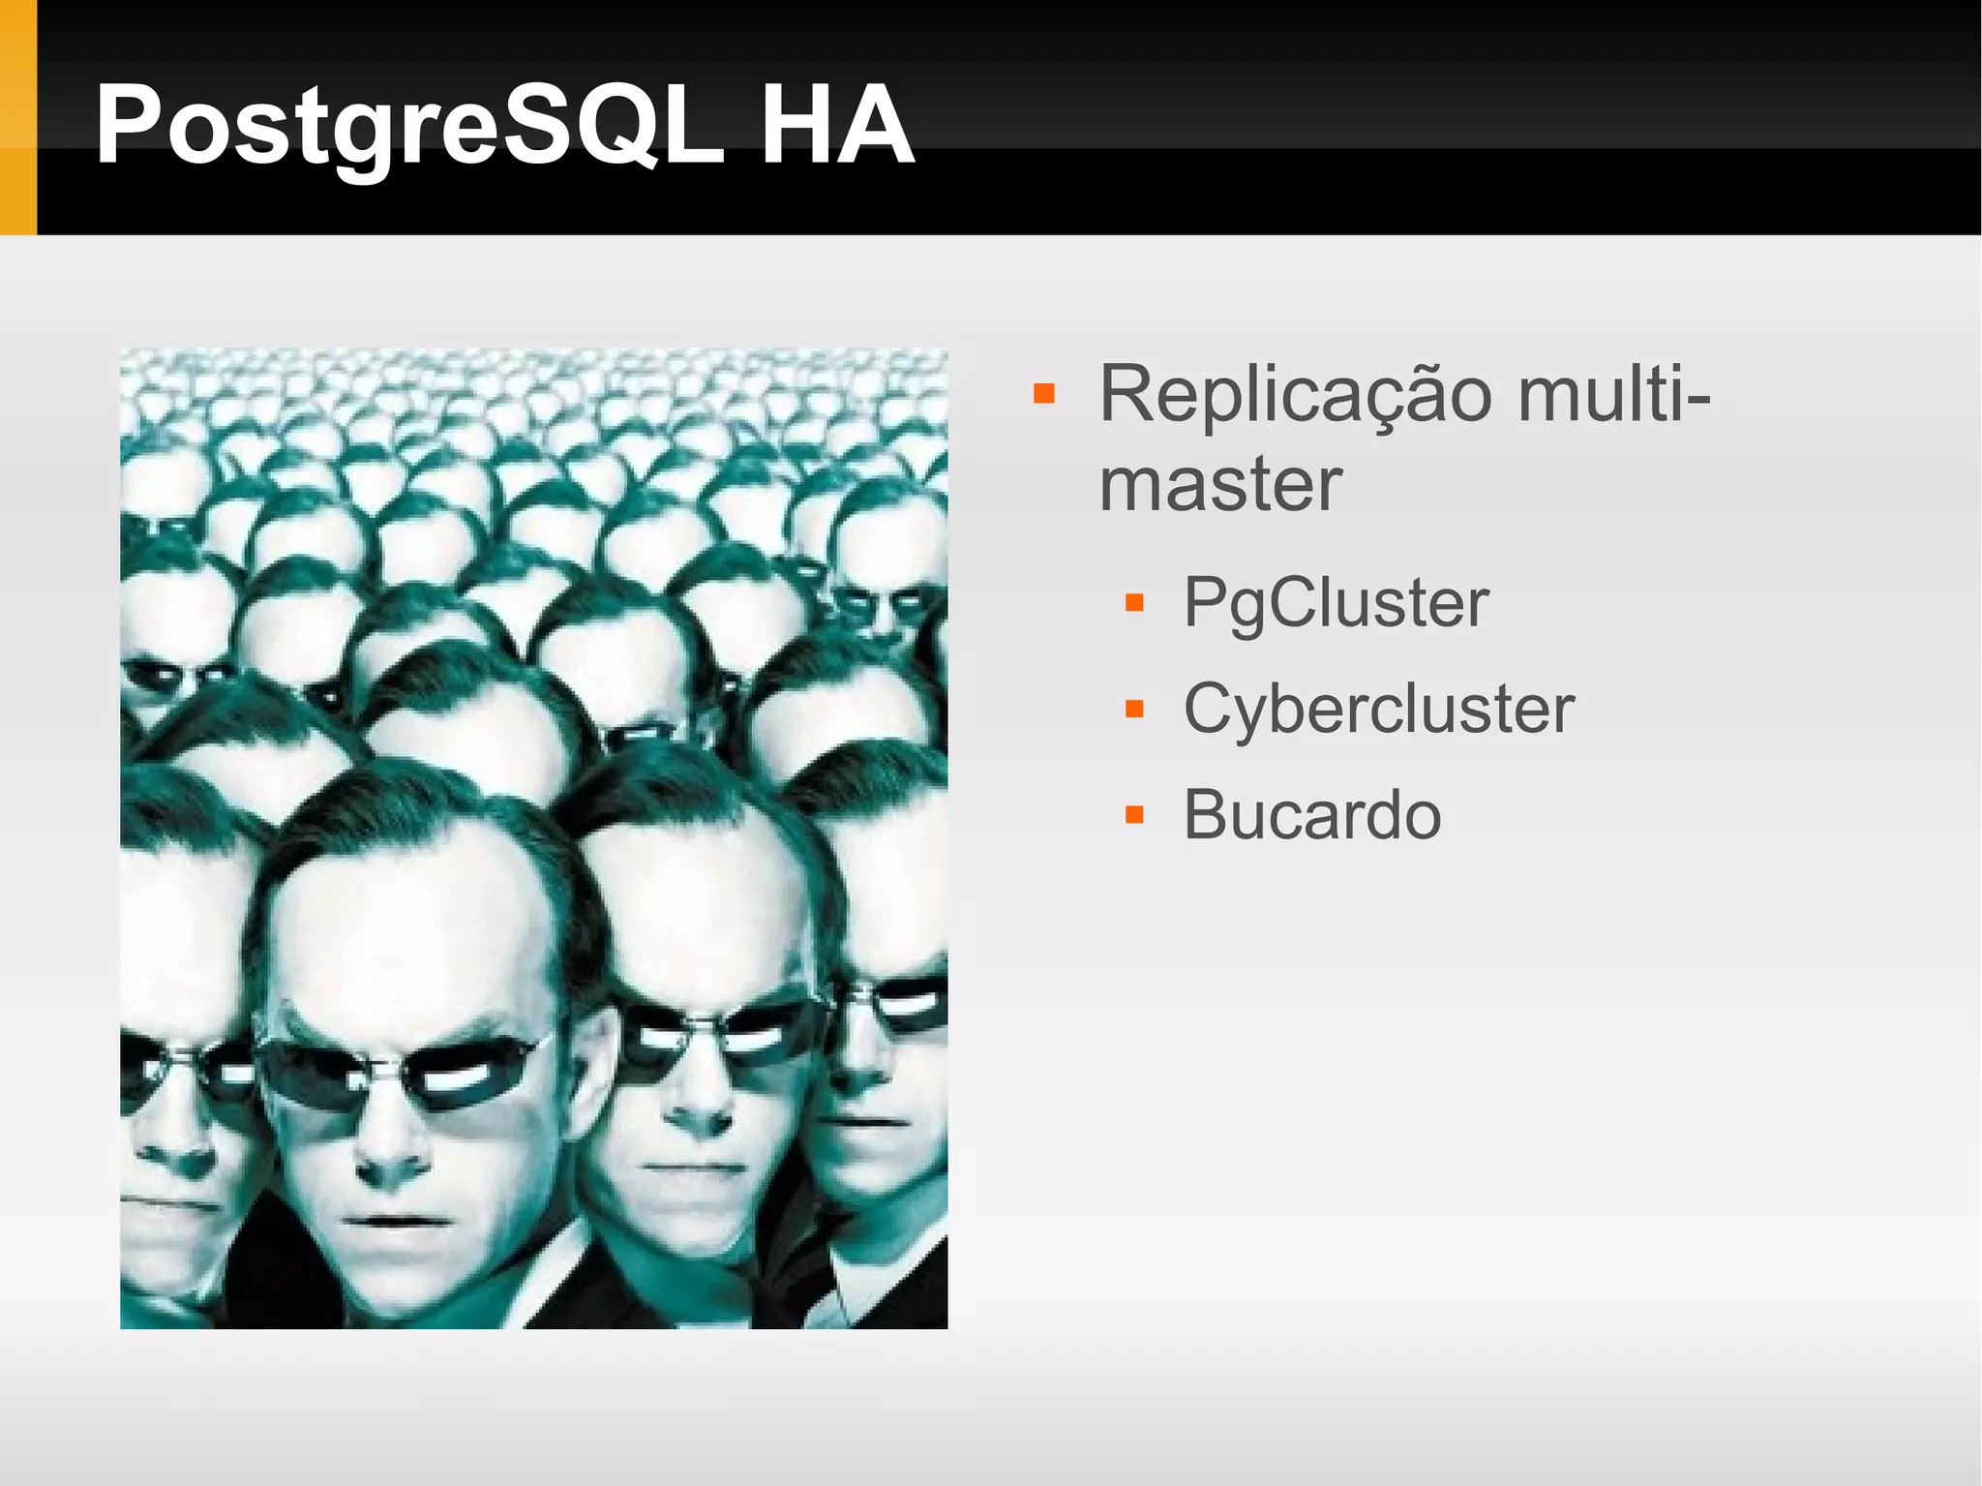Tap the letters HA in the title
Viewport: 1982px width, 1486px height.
click(836, 126)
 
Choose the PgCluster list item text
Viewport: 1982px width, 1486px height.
click(1336, 603)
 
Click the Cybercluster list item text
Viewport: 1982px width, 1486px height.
click(1378, 710)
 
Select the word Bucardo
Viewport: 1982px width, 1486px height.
click(1311, 815)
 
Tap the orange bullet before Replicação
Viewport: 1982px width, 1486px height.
click(1043, 394)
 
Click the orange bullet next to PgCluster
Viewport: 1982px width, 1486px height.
click(1134, 604)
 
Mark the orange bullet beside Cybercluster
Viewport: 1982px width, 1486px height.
click(1134, 711)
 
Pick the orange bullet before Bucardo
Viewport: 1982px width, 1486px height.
click(1134, 816)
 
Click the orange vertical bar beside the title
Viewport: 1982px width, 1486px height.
click(17, 116)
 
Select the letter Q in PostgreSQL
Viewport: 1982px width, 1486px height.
click(610, 126)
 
